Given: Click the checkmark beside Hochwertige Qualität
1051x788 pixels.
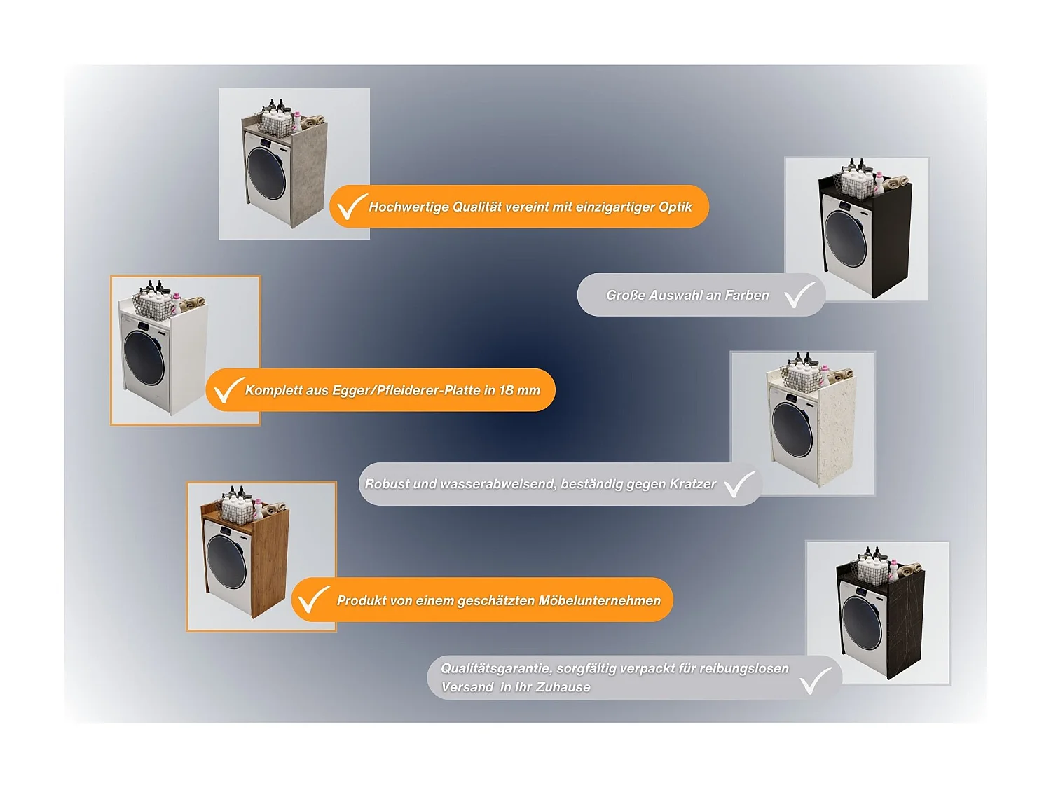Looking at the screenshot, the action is coord(352,207).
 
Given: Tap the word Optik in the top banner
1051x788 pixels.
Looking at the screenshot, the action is coord(675,207).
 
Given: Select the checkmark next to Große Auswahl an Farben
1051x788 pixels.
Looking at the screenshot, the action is coord(799,295).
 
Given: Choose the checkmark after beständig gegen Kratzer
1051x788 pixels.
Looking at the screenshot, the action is coord(739,484).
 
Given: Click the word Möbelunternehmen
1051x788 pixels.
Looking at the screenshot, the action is coord(600,600).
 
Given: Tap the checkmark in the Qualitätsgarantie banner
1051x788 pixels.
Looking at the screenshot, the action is coord(816,680).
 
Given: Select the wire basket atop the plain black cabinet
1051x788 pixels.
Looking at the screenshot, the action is coord(858,185).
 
